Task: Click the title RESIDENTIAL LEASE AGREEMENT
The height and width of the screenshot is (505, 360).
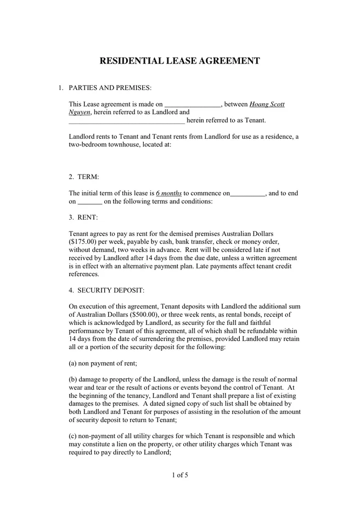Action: (179, 61)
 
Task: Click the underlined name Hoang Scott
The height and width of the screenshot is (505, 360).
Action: (267, 104)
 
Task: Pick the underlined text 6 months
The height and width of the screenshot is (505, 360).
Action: (168, 193)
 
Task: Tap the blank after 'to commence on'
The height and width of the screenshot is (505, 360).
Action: (248, 193)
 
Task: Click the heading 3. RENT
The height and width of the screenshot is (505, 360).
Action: (83, 217)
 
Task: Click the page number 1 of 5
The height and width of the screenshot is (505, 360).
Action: (179, 475)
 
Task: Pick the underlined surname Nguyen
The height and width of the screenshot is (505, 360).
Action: (79, 112)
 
